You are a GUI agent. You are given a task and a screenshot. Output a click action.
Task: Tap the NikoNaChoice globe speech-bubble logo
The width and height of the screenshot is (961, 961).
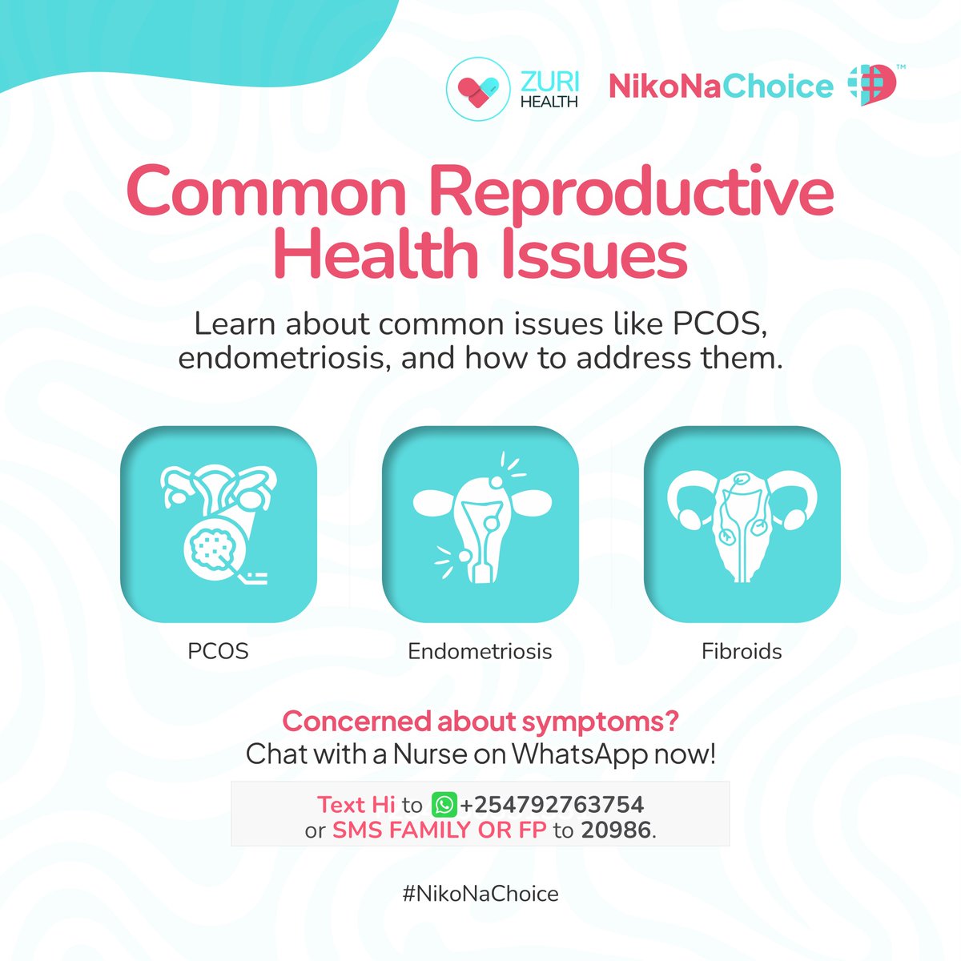coord(872,86)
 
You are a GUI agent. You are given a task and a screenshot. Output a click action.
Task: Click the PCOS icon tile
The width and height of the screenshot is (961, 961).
coord(218,525)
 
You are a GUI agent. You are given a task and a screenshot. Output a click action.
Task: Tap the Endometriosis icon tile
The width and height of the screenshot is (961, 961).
coord(480,525)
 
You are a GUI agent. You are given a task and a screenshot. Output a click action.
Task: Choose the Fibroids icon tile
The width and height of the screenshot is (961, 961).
coord(742,525)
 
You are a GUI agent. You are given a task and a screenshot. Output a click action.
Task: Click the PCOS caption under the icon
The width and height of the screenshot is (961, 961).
coord(218,651)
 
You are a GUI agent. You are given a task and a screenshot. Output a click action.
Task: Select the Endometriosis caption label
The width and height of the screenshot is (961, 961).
coord(480,651)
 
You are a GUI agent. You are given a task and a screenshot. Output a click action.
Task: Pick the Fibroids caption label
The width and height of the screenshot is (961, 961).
coord(742,651)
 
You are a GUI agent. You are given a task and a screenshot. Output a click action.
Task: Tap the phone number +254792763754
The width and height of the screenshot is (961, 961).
coord(552,804)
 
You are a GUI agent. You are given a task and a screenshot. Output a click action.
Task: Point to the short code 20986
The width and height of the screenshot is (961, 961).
coord(616,830)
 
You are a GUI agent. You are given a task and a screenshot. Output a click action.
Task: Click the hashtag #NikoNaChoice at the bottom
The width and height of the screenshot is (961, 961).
coord(480,894)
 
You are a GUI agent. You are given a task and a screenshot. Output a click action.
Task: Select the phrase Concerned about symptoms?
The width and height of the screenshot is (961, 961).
coord(480,721)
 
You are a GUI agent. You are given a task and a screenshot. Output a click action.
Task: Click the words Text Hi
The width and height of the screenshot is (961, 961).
coord(351,804)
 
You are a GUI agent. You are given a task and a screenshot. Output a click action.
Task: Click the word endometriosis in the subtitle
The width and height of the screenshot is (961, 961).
coord(284,358)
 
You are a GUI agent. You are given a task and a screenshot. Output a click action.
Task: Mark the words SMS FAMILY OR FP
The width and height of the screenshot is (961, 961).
coord(439,830)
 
